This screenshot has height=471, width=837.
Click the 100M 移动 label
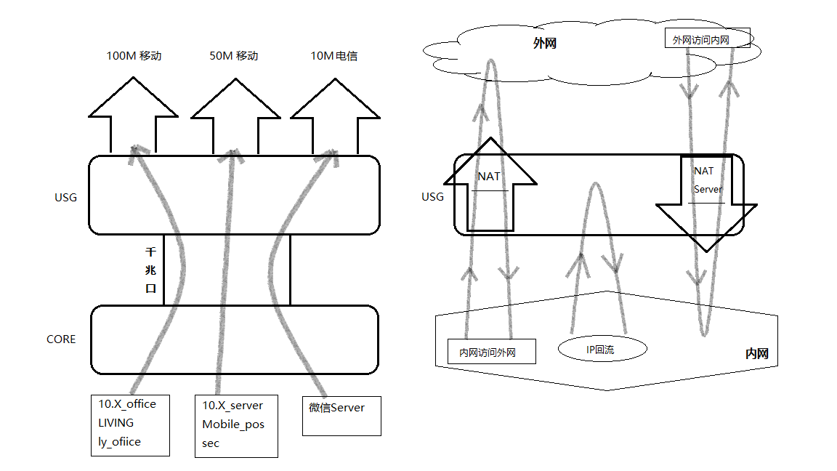pyautogui.click(x=134, y=56)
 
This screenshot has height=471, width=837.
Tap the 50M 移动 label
pyautogui.click(x=234, y=56)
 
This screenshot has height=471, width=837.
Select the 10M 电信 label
pyautogui.click(x=334, y=56)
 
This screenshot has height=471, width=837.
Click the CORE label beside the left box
pyautogui.click(x=61, y=339)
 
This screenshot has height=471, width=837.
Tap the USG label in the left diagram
pyautogui.click(x=65, y=197)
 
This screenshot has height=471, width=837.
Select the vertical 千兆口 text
pyautogui.click(x=151, y=270)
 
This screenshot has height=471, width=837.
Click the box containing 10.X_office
pyautogui.click(x=130, y=424)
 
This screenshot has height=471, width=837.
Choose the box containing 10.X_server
pyautogui.click(x=236, y=425)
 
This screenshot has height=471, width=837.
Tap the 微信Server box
pyautogui.click(x=341, y=416)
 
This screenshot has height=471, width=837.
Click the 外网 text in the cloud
pyautogui.click(x=544, y=44)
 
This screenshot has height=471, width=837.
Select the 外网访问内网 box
pyautogui.click(x=707, y=39)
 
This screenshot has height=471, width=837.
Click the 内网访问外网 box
pyautogui.click(x=491, y=352)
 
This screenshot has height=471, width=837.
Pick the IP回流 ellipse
pyautogui.click(x=601, y=350)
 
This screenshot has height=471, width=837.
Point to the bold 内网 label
pyautogui.click(x=756, y=354)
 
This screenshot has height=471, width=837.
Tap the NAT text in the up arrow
pyautogui.click(x=488, y=176)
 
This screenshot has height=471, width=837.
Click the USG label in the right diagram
pyautogui.click(x=432, y=197)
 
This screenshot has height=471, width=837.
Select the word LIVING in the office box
pyautogui.click(x=116, y=422)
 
